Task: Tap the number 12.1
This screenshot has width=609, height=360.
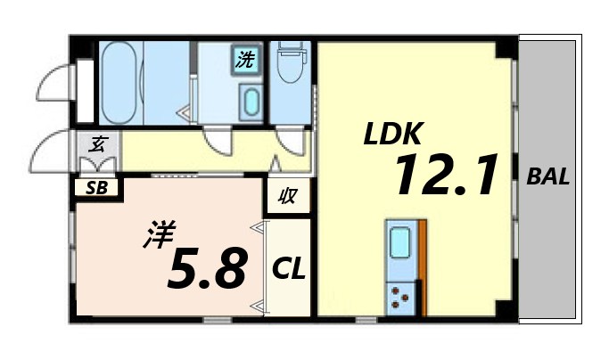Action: (444, 176)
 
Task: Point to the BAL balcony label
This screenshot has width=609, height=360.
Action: (547, 176)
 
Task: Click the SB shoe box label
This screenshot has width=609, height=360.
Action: (97, 188)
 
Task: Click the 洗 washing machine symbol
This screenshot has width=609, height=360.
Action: (243, 61)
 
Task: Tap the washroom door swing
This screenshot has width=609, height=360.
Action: (217, 141)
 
